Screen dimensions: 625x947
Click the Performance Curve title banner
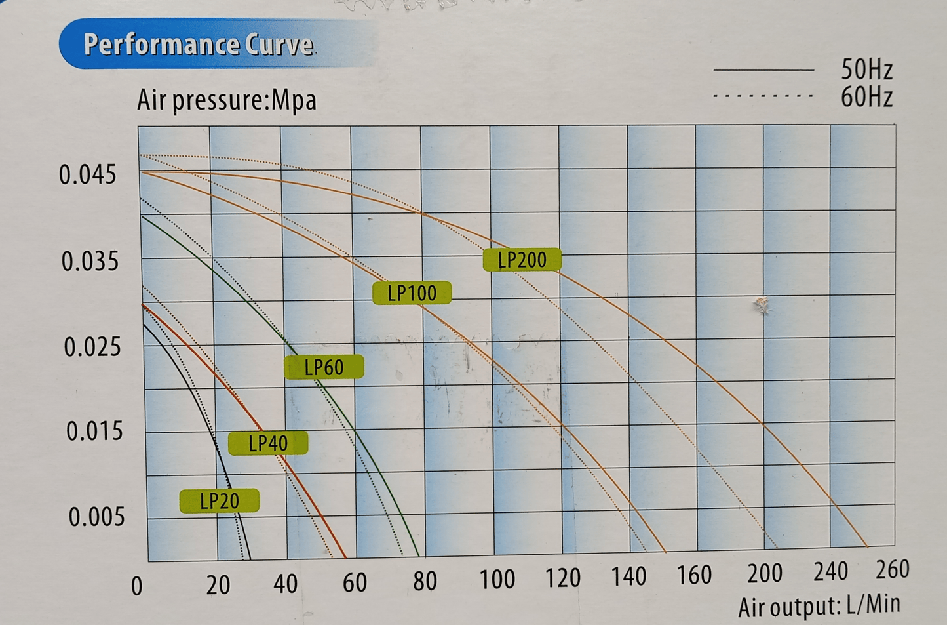[x=198, y=45]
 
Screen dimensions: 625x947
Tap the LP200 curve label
[x=522, y=260]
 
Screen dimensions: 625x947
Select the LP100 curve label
[x=412, y=293]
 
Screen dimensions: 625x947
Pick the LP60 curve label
[x=324, y=367]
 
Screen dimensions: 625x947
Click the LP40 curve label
[x=268, y=444]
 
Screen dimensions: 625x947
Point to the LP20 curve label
[x=219, y=502]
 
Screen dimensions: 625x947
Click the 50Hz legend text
[x=866, y=69]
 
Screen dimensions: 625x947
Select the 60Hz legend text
[x=866, y=97]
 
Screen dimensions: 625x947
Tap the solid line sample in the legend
[x=763, y=69]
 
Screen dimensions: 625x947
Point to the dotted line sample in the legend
[x=763, y=96]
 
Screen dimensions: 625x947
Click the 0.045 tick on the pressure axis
[x=87, y=175]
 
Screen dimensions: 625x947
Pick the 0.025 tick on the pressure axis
[x=92, y=347]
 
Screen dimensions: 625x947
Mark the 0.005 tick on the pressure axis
[x=96, y=517]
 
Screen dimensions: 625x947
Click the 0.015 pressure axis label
[x=94, y=432]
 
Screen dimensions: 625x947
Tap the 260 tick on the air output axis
[x=892, y=569]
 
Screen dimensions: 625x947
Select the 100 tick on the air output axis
[x=497, y=579]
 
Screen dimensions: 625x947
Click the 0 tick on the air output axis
[x=136, y=586]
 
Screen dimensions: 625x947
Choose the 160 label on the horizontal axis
[x=693, y=575]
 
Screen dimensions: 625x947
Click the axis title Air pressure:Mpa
[x=227, y=100]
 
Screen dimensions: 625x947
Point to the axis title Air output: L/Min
[x=819, y=606]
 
